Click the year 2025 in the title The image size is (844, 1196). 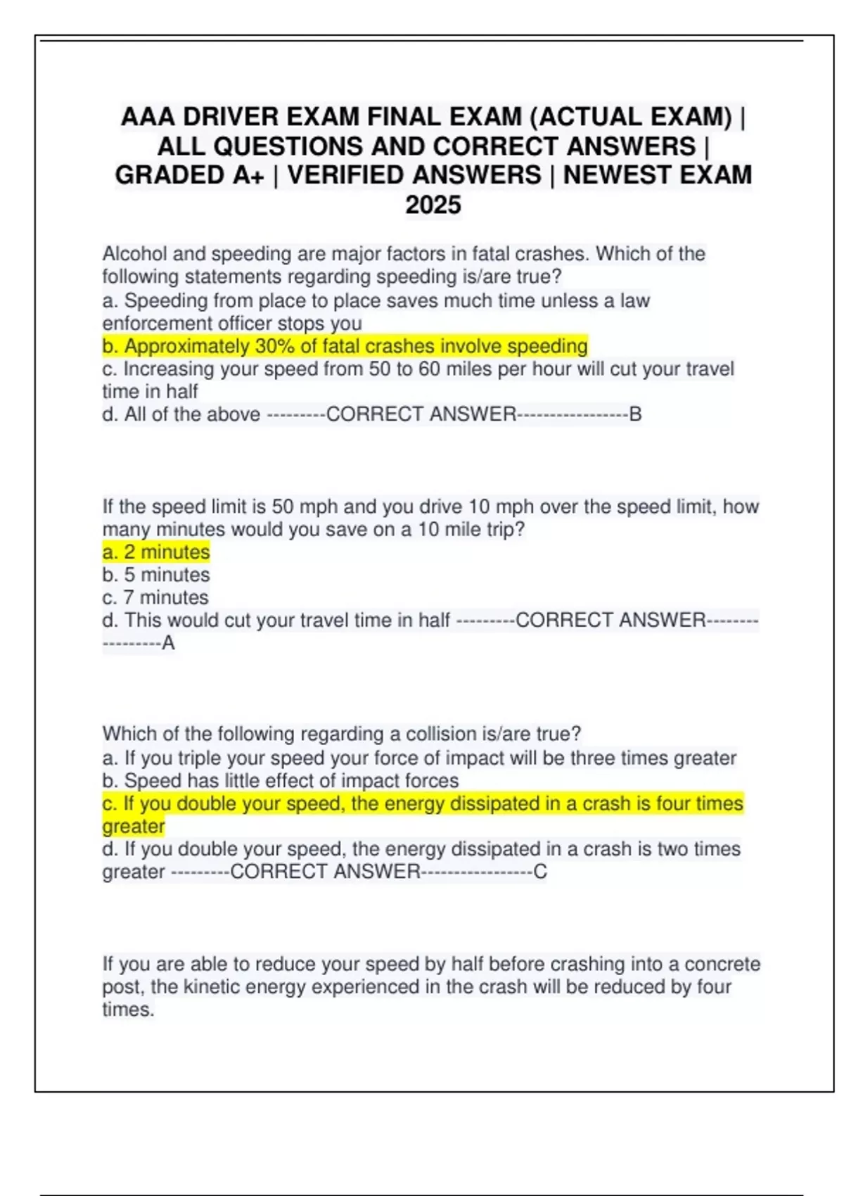pos(433,205)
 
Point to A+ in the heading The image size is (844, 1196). pos(248,175)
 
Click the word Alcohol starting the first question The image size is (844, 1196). pos(136,254)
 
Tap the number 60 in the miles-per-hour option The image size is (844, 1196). pos(429,369)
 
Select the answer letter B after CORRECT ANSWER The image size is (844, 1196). pos(635,414)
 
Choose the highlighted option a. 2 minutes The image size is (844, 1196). pos(156,552)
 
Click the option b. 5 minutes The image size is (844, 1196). pos(156,575)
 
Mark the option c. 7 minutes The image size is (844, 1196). pos(155,597)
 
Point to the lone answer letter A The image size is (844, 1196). pos(168,643)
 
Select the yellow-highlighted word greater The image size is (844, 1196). pos(134,826)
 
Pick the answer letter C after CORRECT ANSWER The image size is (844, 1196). pos(540,872)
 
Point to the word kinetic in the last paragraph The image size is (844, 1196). pos(214,986)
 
